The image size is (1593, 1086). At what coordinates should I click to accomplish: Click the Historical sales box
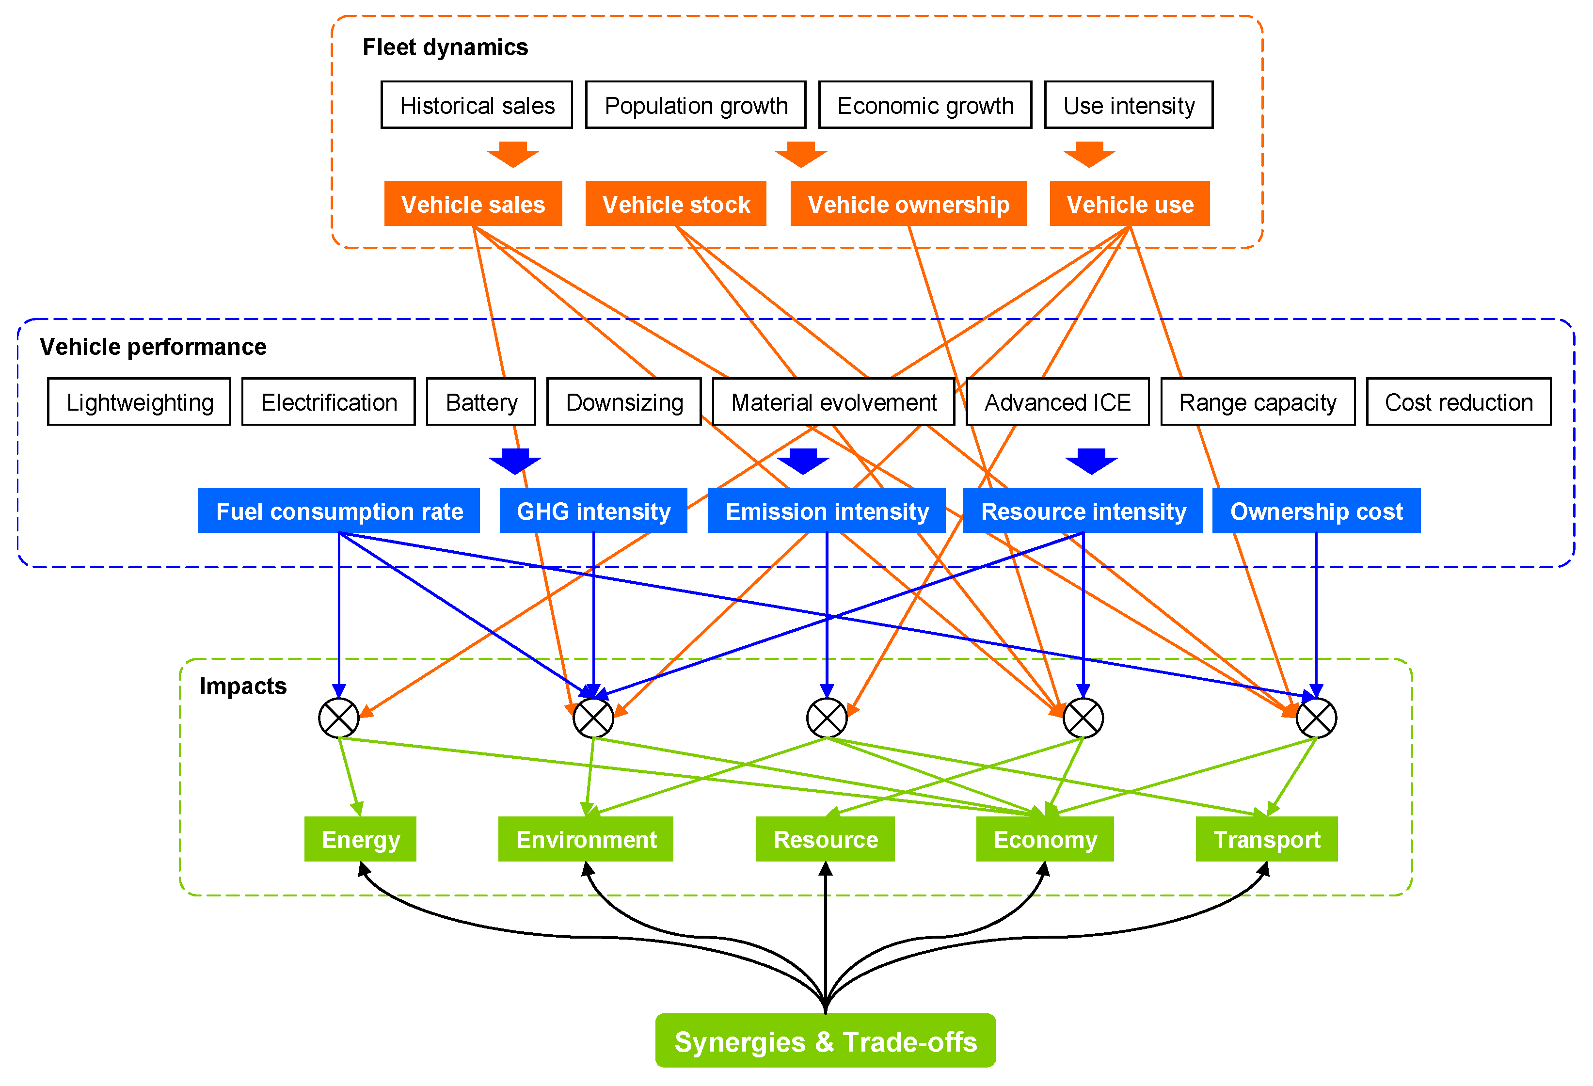(x=477, y=105)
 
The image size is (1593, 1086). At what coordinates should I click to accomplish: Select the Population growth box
(x=695, y=105)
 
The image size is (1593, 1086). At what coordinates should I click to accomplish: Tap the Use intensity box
(x=1128, y=105)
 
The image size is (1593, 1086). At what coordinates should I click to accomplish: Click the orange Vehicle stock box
(x=675, y=204)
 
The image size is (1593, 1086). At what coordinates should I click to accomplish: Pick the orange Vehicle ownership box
(x=908, y=204)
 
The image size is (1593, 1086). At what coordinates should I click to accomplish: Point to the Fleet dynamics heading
(x=445, y=48)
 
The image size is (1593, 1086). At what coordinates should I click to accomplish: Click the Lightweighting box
(x=139, y=402)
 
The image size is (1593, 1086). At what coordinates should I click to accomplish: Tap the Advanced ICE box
(x=1057, y=402)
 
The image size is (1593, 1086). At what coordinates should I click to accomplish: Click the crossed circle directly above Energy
(x=338, y=718)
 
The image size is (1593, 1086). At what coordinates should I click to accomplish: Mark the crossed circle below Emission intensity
(x=827, y=718)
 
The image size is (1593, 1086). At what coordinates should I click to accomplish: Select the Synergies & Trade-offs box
(x=825, y=1041)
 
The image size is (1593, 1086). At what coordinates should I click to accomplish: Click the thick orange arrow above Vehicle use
(x=1089, y=154)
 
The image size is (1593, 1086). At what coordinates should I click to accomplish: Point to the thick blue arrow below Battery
(x=515, y=461)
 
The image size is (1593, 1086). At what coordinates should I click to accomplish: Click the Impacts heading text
(x=243, y=687)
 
